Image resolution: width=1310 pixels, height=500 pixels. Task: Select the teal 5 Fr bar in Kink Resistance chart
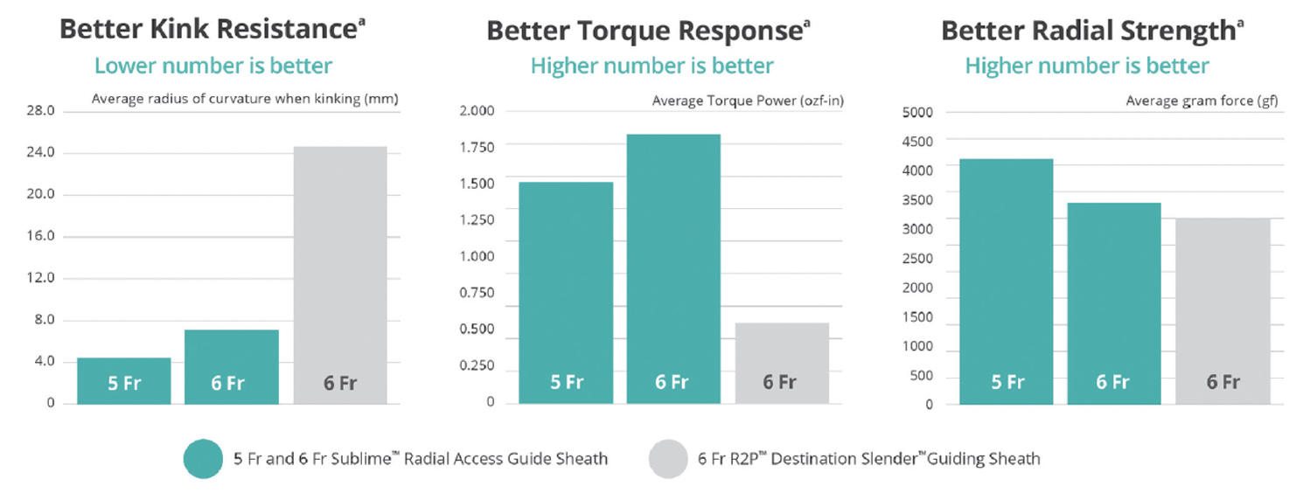[124, 381]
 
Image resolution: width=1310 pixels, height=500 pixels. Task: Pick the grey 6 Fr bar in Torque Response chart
[782, 364]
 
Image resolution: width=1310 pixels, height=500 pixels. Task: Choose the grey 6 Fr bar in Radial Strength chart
[1223, 311]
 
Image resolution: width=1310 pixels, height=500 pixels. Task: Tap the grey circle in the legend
[670, 458]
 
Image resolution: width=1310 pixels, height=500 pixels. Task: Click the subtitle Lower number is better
[213, 66]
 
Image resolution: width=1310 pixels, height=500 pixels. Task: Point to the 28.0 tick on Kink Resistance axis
[41, 111]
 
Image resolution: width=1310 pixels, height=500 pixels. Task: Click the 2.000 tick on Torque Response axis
[477, 110]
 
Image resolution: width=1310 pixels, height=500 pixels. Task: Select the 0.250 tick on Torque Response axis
[477, 365]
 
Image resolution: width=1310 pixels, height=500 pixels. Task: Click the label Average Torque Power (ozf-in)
[748, 101]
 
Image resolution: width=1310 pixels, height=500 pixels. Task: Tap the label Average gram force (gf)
[1202, 101]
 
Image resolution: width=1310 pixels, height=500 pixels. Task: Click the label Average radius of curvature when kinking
[245, 99]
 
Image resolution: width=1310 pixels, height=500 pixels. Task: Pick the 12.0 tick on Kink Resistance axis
[41, 278]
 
